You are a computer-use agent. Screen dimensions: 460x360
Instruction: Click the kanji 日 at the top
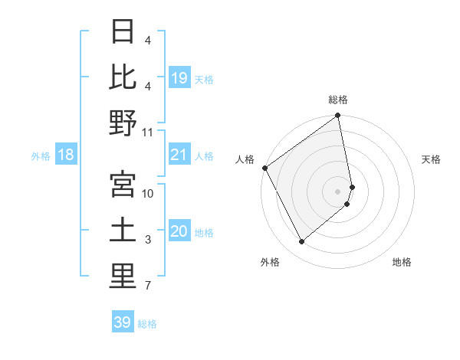coord(123,33)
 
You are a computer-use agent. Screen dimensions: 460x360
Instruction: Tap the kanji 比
coord(123,77)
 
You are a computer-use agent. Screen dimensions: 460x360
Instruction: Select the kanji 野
coord(123,123)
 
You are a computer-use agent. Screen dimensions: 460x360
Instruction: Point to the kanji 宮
coord(123,184)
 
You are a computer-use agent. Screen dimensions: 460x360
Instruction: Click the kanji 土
coord(123,231)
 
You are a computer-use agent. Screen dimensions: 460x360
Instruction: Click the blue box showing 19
coord(179,77)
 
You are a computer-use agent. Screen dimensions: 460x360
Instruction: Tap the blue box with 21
coord(179,155)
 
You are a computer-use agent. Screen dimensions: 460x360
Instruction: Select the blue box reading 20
coord(179,231)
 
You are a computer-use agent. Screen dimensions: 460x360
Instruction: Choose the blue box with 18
coord(66,155)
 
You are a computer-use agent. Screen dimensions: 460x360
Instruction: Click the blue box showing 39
coord(123,322)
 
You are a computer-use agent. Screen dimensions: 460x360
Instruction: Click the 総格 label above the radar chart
coord(338,100)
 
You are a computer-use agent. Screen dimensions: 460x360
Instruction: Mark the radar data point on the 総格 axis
coord(338,116)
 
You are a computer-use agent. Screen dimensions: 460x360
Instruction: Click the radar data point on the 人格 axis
coord(264,168)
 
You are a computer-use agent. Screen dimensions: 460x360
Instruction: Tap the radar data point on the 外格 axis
coord(302,242)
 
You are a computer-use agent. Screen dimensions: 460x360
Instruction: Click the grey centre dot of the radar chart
coord(338,191)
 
